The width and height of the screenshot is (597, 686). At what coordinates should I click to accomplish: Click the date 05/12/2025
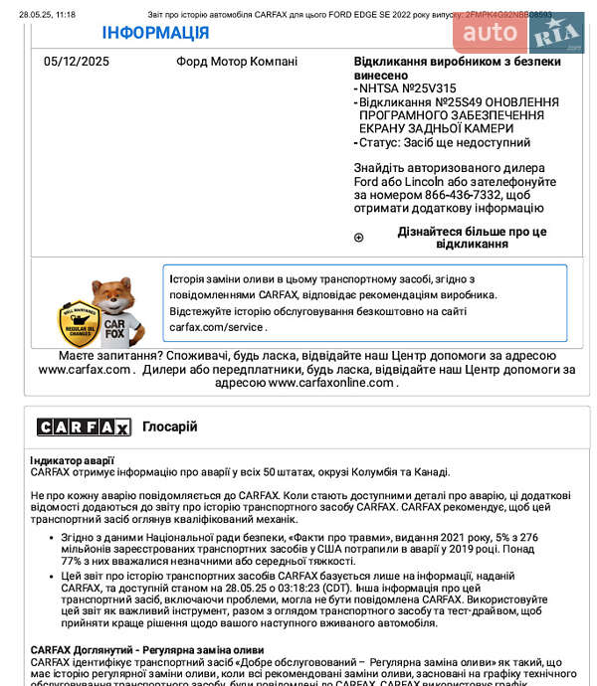(77, 62)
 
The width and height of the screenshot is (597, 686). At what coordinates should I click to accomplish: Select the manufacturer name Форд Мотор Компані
(237, 62)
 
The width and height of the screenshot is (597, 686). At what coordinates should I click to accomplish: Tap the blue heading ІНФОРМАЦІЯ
(155, 33)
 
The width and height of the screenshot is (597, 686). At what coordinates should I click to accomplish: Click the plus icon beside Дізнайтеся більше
(359, 238)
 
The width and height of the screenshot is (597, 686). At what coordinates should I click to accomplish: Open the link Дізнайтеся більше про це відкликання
(472, 238)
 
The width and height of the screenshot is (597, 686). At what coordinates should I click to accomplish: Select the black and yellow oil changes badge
(76, 322)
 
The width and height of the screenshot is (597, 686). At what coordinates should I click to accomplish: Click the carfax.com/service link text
(216, 326)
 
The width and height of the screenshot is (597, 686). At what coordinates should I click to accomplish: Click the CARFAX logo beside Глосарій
(84, 427)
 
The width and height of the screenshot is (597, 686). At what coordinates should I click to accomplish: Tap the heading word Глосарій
(169, 427)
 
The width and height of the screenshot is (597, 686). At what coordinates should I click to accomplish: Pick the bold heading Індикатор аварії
(72, 460)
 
